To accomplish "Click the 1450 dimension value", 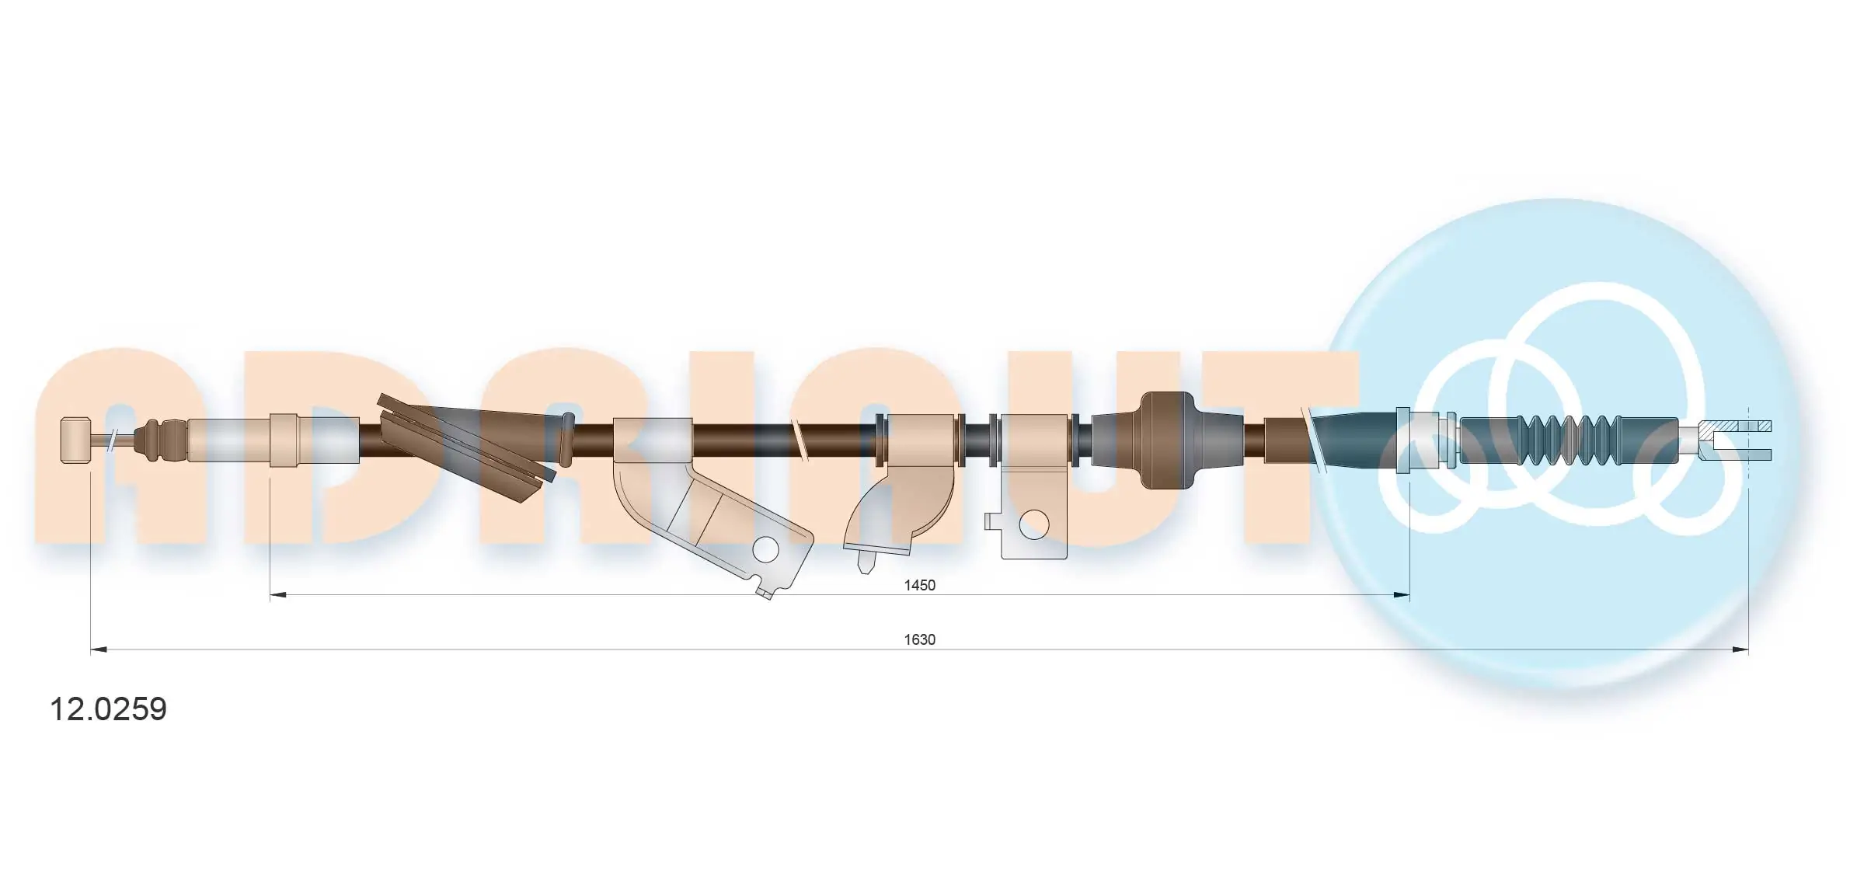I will click(x=919, y=585).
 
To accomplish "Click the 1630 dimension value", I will click(x=919, y=639).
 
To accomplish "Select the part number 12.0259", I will click(x=108, y=709).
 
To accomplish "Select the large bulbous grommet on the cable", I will click(x=1165, y=440).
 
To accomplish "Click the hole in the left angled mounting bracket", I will click(x=765, y=549).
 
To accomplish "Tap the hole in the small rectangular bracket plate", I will click(x=1033, y=525).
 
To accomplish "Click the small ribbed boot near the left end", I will click(x=159, y=440).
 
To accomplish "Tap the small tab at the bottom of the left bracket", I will click(x=765, y=594).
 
